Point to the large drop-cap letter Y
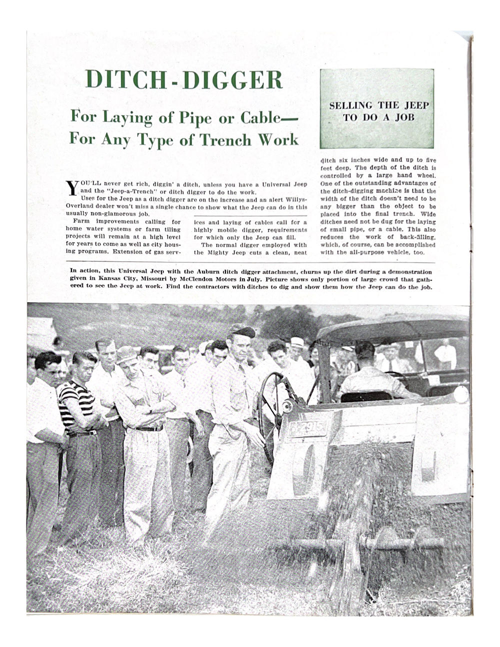pos(71,187)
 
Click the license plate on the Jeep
pos(306,428)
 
